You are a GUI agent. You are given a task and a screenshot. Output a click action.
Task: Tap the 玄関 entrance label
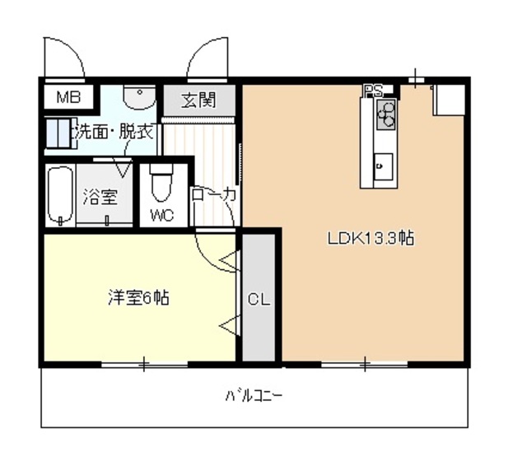[198, 101]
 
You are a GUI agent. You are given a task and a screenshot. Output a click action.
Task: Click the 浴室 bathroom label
[100, 198]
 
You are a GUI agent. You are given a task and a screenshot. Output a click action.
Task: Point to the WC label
[161, 217]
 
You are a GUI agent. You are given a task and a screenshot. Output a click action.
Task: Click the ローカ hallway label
[214, 195]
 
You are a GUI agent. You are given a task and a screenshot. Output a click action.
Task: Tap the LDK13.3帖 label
[370, 240]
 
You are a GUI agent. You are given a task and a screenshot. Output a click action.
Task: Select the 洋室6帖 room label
[138, 297]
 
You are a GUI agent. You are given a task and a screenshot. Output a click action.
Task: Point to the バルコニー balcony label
[254, 395]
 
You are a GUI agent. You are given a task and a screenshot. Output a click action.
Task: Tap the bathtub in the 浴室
[60, 195]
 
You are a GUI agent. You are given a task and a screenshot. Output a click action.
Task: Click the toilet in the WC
[161, 185]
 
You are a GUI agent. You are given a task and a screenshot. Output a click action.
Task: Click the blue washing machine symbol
[57, 134]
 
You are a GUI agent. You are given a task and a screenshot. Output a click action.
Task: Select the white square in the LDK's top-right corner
[450, 100]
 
